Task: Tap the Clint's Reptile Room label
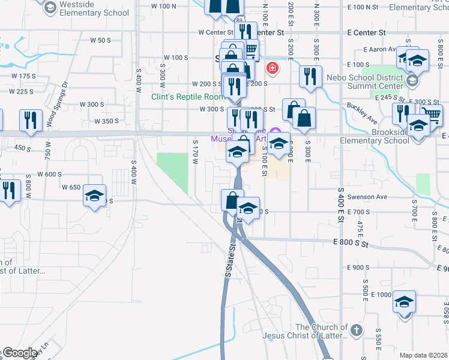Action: coord(187,96)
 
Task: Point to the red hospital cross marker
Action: coord(273,67)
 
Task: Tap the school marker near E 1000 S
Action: coord(405,301)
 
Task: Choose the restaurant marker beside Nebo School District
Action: coord(310,76)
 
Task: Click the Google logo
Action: coord(19,353)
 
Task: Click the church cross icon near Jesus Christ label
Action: coord(356,330)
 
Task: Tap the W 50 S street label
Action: coord(100,40)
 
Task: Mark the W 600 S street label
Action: coord(50,174)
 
